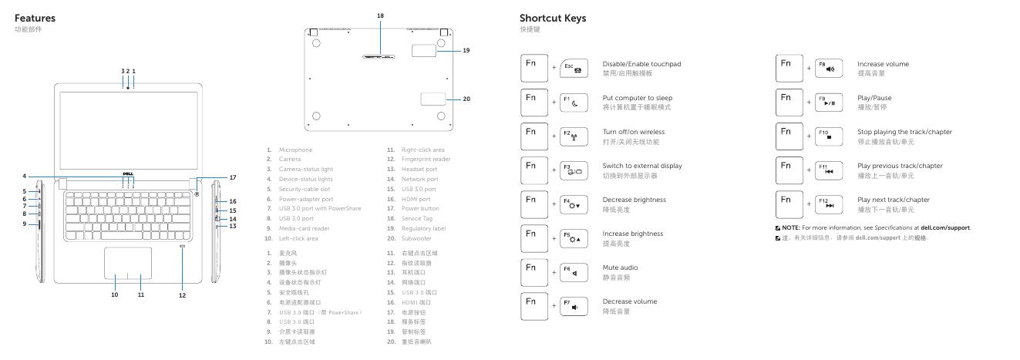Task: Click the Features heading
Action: point(35,18)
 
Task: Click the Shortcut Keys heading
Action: point(553,18)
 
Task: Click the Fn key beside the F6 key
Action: point(534,268)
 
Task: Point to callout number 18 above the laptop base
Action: point(380,16)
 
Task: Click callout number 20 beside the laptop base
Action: point(466,99)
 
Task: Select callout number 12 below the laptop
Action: point(183,294)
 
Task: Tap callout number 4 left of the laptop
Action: point(24,177)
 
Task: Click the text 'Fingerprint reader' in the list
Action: point(429,159)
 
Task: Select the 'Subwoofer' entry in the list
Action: point(422,239)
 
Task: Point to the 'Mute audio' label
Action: point(620,267)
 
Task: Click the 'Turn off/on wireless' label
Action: point(633,132)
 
